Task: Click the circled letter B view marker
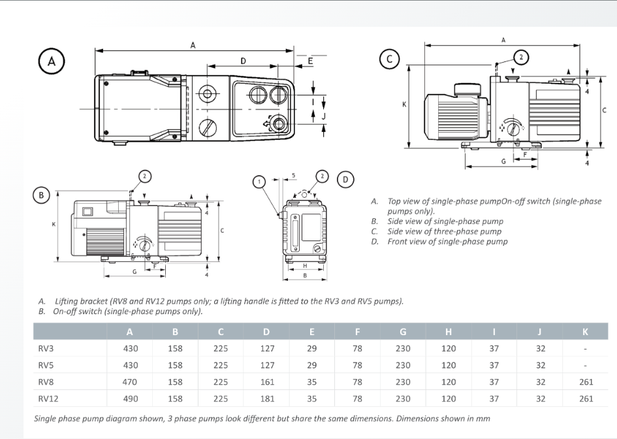(x=41, y=195)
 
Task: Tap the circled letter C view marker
(x=389, y=59)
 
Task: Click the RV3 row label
(x=46, y=349)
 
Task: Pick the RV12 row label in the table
(x=48, y=398)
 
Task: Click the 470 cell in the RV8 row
(x=131, y=382)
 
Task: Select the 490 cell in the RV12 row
(x=131, y=398)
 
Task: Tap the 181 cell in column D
(x=267, y=398)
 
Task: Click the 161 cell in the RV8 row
(x=267, y=382)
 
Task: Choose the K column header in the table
(x=586, y=332)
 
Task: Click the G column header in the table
(x=403, y=332)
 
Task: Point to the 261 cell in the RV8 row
(x=586, y=382)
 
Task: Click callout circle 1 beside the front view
(x=259, y=181)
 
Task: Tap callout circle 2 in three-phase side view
(x=521, y=57)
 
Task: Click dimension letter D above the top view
(x=243, y=61)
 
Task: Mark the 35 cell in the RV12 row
(x=312, y=398)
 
